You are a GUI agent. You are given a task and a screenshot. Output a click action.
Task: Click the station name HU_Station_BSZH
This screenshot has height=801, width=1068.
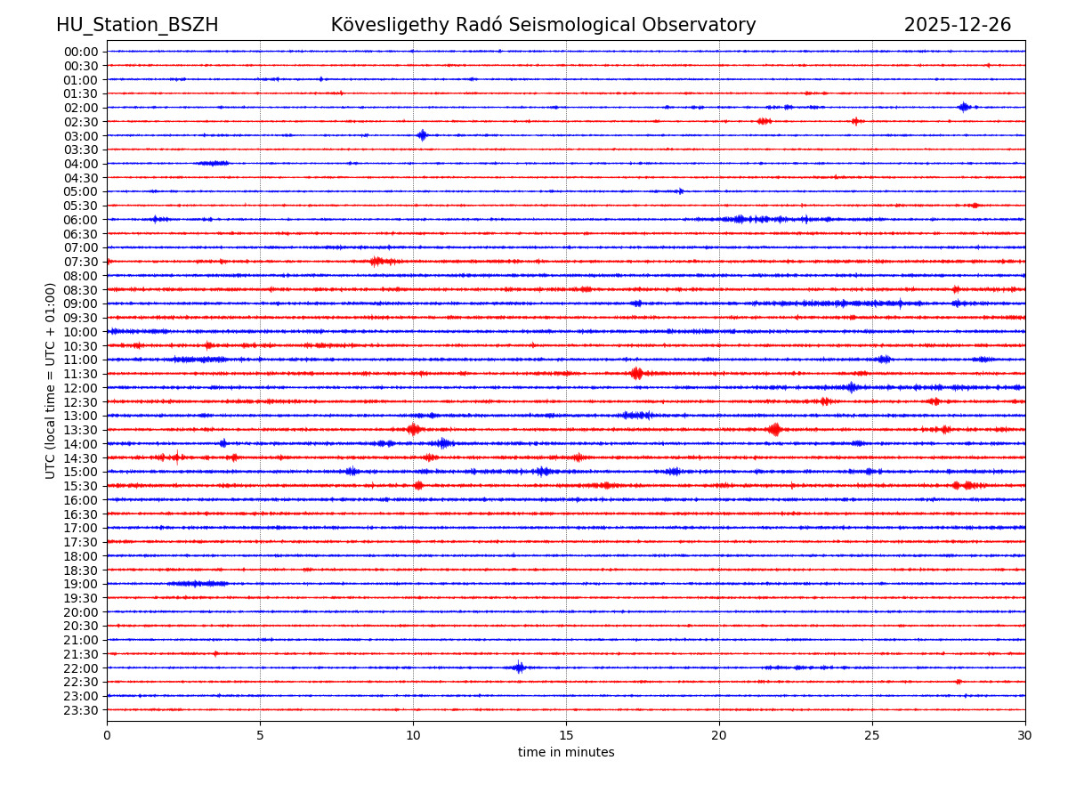point(137,25)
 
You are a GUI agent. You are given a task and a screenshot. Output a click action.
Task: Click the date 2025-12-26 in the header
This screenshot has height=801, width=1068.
point(957,25)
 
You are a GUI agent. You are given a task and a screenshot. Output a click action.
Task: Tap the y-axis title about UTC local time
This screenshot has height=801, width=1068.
point(51,380)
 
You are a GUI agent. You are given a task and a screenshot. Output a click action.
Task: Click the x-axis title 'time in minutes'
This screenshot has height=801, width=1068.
point(566,752)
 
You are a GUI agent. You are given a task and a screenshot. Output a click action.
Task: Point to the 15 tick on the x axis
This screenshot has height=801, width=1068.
point(566,736)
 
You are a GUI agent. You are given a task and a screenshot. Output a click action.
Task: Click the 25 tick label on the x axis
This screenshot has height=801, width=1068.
point(872,736)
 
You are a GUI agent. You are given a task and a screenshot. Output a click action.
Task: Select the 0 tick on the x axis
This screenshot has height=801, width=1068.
point(107,736)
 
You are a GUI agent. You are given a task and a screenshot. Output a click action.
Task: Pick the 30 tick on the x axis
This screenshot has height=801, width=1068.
point(1025,736)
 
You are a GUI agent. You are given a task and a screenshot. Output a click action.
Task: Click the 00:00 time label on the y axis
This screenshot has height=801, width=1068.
point(81,52)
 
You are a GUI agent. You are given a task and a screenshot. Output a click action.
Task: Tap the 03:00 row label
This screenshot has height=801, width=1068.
point(81,135)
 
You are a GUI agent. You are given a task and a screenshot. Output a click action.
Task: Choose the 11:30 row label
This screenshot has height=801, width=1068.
point(81,374)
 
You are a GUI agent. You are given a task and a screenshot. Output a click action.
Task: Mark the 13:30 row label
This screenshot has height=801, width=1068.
point(81,430)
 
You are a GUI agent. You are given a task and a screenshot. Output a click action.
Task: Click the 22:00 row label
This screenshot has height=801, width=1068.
point(81,668)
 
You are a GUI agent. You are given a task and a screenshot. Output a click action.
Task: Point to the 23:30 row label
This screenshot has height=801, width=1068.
point(81,710)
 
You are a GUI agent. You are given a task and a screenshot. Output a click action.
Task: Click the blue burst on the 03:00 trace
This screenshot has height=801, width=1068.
point(422,135)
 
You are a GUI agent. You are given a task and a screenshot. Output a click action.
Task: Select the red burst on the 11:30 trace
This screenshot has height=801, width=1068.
point(636,374)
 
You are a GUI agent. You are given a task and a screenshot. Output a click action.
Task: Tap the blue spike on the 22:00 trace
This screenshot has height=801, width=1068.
point(519,667)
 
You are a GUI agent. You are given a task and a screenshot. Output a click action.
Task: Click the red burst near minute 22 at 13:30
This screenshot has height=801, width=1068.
point(774,430)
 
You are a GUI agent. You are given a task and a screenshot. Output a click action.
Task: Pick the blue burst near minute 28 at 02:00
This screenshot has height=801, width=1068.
point(964,107)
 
